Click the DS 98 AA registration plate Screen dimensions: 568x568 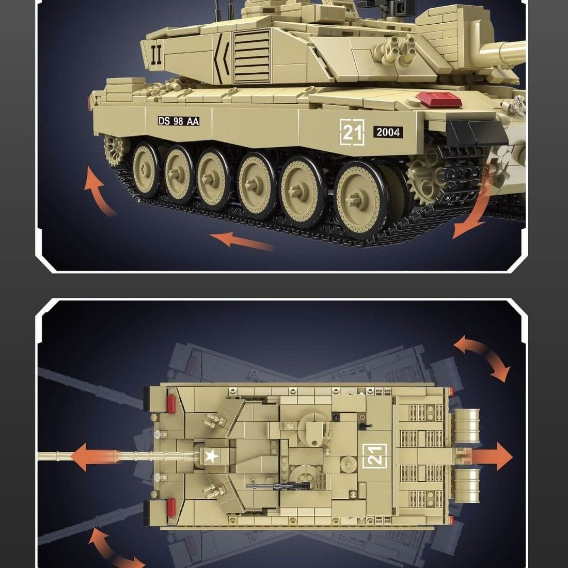(179, 121)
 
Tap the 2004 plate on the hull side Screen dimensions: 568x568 (388, 132)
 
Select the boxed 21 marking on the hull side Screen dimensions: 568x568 (352, 132)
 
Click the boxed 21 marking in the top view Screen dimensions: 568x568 (375, 455)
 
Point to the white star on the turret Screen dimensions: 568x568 (210, 456)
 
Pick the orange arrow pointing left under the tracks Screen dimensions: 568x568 (243, 241)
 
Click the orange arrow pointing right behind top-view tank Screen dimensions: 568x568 (491, 457)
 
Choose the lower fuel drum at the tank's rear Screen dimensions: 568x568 (467, 486)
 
